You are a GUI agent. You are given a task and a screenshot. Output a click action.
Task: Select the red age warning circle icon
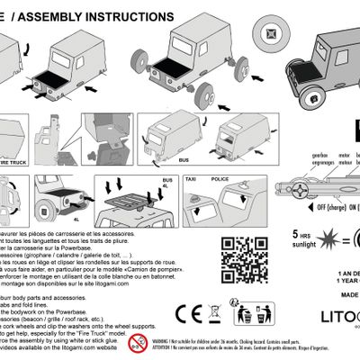pyautogui.click(x=137, y=343)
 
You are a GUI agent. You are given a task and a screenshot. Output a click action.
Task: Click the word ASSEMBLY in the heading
pyautogui.click(x=37, y=17)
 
